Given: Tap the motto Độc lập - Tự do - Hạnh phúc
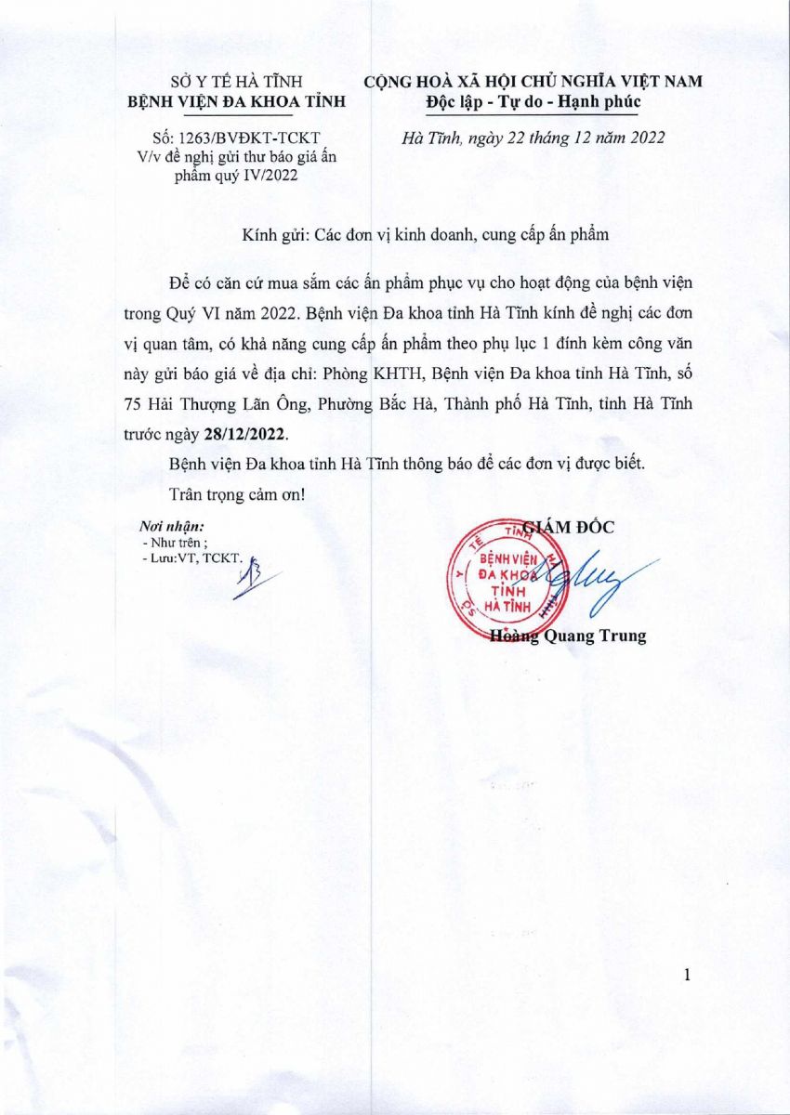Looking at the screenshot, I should (533, 100).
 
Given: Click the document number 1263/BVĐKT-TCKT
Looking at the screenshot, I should (239, 139).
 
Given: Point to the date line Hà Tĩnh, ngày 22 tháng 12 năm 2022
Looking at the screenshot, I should (533, 138).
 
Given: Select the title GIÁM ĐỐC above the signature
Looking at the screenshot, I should (569, 527).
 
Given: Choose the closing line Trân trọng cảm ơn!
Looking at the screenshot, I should (238, 492).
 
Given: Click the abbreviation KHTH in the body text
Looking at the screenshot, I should (388, 374).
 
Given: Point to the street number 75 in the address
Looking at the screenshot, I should (133, 404).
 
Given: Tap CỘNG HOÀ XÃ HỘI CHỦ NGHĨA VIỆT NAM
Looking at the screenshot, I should (533, 82).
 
